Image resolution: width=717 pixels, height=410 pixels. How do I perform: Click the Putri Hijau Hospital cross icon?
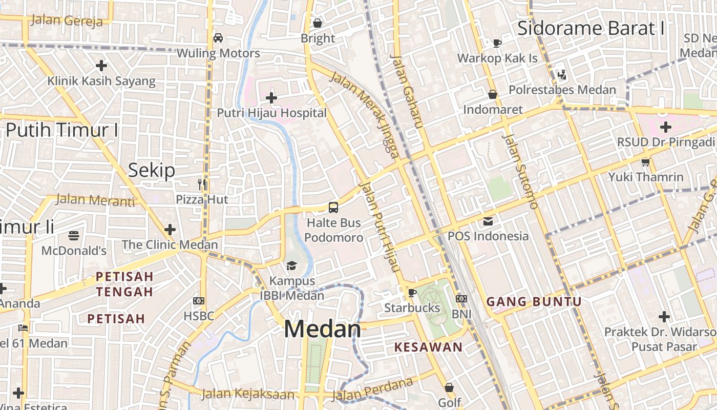tap(271, 97)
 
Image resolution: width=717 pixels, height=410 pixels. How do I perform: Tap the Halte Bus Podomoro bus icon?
tap(333, 208)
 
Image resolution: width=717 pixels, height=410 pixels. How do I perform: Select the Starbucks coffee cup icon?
tap(412, 293)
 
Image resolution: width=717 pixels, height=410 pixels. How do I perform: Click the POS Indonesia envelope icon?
tap(488, 221)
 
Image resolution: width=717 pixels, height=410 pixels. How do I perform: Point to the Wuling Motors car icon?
tap(218, 38)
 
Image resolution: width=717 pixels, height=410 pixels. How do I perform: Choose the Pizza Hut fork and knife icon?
tap(202, 184)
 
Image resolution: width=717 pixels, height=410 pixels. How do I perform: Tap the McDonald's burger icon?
tap(74, 236)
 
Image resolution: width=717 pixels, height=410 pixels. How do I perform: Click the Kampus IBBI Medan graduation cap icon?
tap(291, 265)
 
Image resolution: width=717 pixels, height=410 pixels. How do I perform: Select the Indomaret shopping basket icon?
tap(493, 94)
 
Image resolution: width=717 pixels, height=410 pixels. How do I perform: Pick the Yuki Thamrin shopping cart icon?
tap(645, 162)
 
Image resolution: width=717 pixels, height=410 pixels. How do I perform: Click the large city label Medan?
tap(323, 329)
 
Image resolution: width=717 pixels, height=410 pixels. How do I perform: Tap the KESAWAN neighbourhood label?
tap(428, 347)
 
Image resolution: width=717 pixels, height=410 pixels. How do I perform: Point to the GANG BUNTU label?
tap(534, 301)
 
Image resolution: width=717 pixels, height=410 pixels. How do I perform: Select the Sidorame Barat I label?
tap(591, 28)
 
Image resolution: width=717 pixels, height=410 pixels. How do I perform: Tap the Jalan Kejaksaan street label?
tap(248, 394)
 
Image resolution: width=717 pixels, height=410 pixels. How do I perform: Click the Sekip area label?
tap(152, 170)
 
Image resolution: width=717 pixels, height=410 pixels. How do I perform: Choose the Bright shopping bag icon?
tap(318, 23)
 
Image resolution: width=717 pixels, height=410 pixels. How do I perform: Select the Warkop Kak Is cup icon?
tap(497, 43)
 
